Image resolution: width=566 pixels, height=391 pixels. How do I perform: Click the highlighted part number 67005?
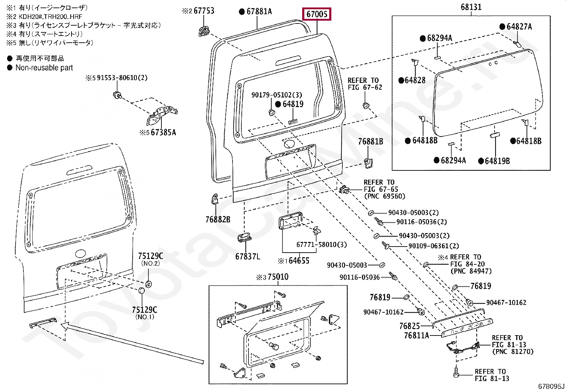[x=316, y=15]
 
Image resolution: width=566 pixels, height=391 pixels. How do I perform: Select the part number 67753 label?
[x=204, y=11]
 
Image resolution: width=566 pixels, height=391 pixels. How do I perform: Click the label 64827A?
[x=519, y=27]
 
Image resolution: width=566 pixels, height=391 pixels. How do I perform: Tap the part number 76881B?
[x=371, y=142]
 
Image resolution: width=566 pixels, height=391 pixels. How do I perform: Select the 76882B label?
[x=218, y=220]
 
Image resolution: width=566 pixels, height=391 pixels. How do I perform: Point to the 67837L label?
[x=248, y=256]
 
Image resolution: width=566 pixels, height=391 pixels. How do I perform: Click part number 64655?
[x=299, y=260]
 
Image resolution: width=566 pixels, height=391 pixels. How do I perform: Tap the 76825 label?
[x=410, y=326]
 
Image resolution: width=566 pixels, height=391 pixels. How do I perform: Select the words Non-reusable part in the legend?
[x=44, y=68]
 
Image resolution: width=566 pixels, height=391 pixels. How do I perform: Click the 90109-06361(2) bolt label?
[x=433, y=246]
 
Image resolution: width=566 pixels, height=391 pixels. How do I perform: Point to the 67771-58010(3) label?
[x=322, y=245]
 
